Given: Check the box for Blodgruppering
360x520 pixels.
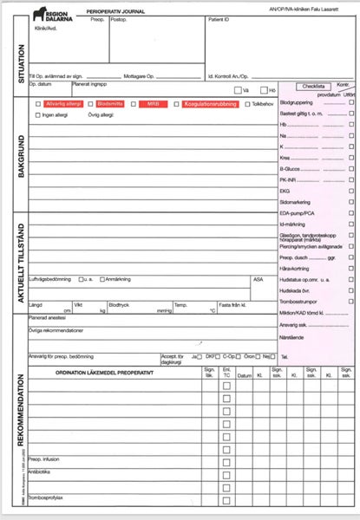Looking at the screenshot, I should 350,102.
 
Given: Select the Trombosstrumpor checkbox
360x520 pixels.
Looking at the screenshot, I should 350,300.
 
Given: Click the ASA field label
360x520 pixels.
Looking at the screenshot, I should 258,280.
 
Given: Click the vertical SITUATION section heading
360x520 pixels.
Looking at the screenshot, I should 19,64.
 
